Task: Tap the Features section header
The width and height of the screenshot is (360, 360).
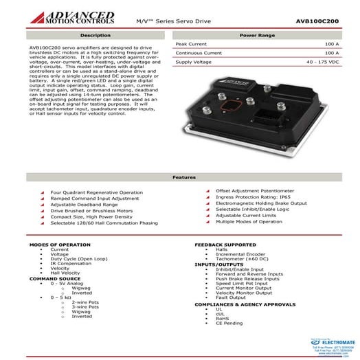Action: (179, 177)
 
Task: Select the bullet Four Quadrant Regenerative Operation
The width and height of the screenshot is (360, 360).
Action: (92, 192)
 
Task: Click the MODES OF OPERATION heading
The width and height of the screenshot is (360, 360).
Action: (56, 245)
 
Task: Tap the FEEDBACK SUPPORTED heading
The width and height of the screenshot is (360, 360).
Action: (225, 245)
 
